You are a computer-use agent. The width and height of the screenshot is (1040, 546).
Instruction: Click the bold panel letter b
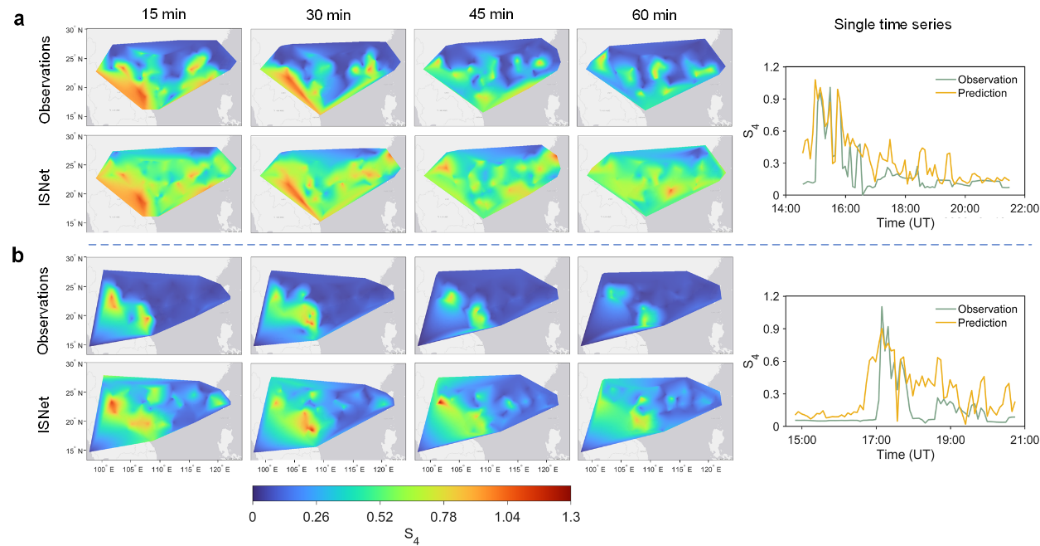(x=17, y=256)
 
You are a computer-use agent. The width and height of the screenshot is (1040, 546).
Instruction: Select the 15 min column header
(x=162, y=15)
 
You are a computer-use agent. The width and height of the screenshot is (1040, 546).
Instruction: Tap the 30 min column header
(x=327, y=15)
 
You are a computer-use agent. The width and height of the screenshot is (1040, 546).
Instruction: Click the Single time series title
(x=892, y=25)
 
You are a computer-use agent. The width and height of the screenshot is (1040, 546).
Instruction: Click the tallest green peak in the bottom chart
(x=882, y=307)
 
